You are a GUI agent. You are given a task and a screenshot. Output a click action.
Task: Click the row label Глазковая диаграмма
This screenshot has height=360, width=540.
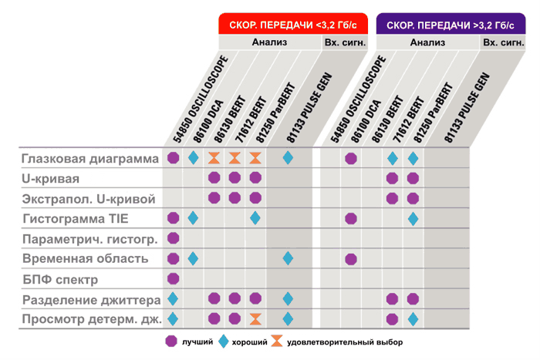coord(89,159)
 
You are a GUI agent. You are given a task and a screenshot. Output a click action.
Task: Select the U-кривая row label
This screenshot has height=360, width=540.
coord(51,179)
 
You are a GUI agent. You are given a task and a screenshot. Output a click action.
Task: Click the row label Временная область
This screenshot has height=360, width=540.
coord(85,259)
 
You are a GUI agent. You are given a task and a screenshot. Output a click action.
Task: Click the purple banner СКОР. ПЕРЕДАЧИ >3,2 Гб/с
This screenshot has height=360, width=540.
coord(451,25)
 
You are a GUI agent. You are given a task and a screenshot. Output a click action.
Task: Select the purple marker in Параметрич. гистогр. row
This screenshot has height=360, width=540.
coord(173,239)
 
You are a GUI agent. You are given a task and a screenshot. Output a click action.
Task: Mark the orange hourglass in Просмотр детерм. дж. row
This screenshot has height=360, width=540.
coord(255,318)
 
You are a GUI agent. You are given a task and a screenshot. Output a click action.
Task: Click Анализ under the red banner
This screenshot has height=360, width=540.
coord(268,42)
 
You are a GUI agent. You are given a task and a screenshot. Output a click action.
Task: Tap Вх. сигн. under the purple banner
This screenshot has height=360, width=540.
coord(500,42)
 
